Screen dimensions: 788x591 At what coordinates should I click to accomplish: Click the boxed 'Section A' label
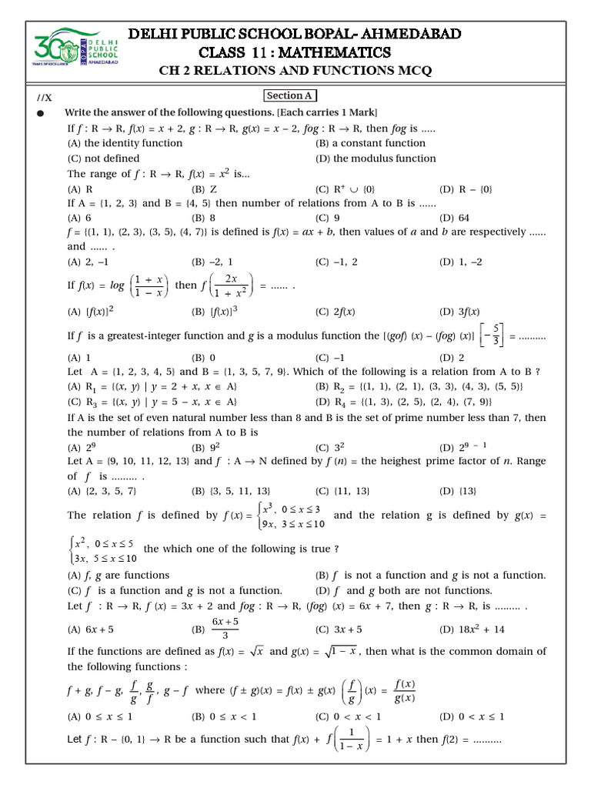click(x=289, y=95)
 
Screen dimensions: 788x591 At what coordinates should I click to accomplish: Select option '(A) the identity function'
click(x=125, y=143)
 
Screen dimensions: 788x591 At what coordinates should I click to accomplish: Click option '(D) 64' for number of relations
click(x=454, y=218)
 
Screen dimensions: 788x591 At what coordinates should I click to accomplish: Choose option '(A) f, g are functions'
click(x=119, y=576)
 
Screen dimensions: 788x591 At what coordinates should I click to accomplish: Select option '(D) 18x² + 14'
click(x=472, y=629)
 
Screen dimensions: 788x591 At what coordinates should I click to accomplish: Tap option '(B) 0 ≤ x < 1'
click(x=224, y=716)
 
